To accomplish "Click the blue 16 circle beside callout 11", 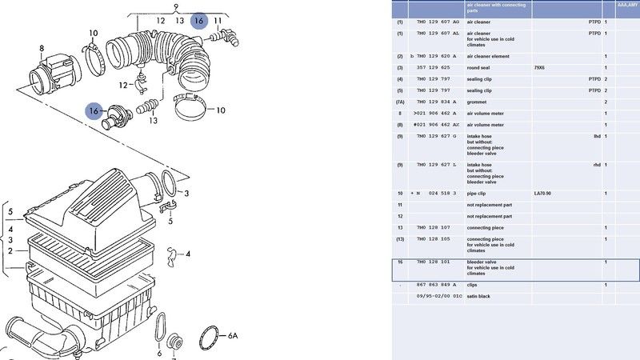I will click(x=199, y=20).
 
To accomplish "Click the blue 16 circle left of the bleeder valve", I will click(x=94, y=111).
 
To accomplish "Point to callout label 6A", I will click(x=233, y=335).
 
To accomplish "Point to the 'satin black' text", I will click(x=479, y=296).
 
